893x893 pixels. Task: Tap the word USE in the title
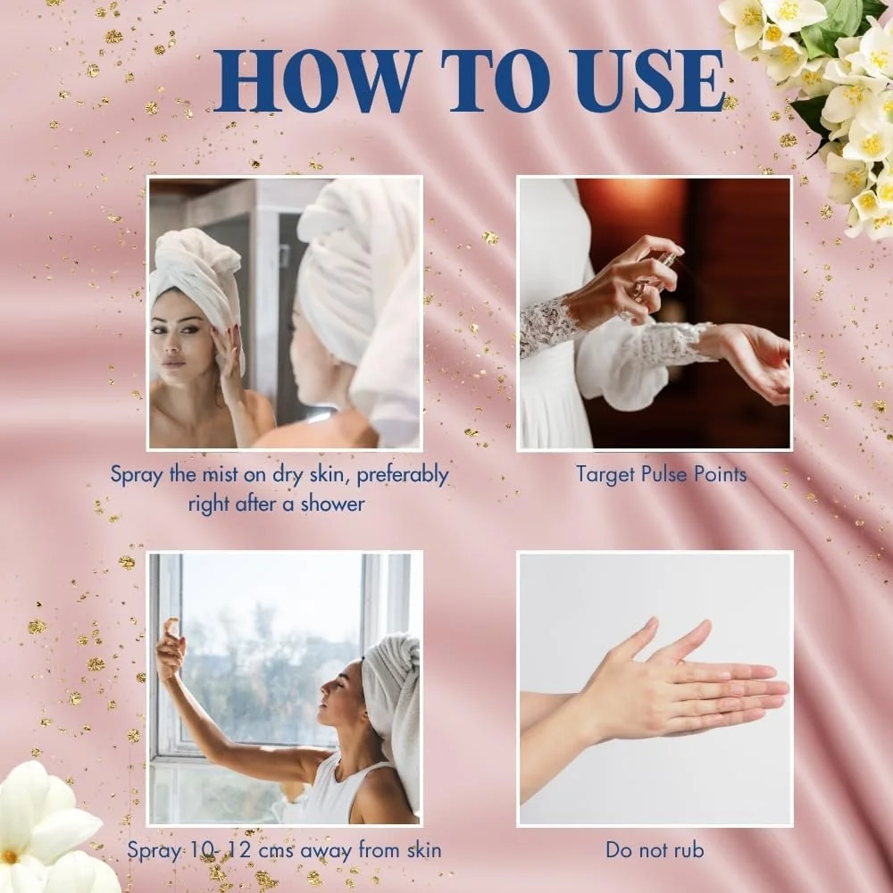click(x=654, y=81)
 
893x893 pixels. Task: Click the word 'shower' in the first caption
click(x=332, y=504)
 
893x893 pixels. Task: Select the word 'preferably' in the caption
click(x=403, y=476)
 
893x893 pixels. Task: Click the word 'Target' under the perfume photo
click(x=604, y=475)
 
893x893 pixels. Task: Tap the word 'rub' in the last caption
click(x=689, y=850)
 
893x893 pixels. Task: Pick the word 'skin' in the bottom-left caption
click(x=424, y=850)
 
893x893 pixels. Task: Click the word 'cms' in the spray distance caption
click(x=276, y=851)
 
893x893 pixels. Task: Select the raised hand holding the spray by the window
click(x=171, y=649)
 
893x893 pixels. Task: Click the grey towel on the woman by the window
click(x=393, y=712)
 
